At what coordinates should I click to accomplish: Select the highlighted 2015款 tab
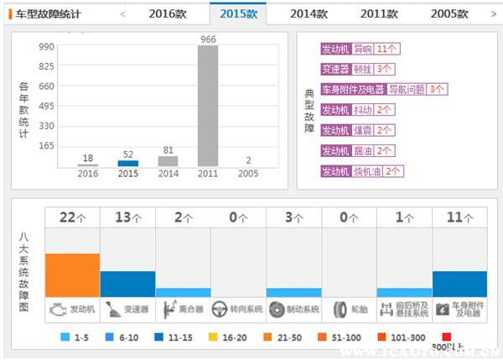pyautogui.click(x=239, y=13)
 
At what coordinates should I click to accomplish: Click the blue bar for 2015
pyautogui.click(x=127, y=163)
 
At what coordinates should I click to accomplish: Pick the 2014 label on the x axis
pyautogui.click(x=168, y=175)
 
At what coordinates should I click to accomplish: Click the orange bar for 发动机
pyautogui.click(x=73, y=274)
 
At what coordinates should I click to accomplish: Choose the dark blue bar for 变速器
pyautogui.click(x=128, y=284)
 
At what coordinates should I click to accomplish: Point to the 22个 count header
pyautogui.click(x=73, y=217)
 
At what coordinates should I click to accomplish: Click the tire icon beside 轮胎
pyautogui.click(x=340, y=309)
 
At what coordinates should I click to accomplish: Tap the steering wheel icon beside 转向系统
pyautogui.click(x=220, y=309)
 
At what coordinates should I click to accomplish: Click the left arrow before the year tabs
pyautogui.click(x=123, y=14)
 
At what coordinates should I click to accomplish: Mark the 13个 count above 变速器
pyautogui.click(x=128, y=217)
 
